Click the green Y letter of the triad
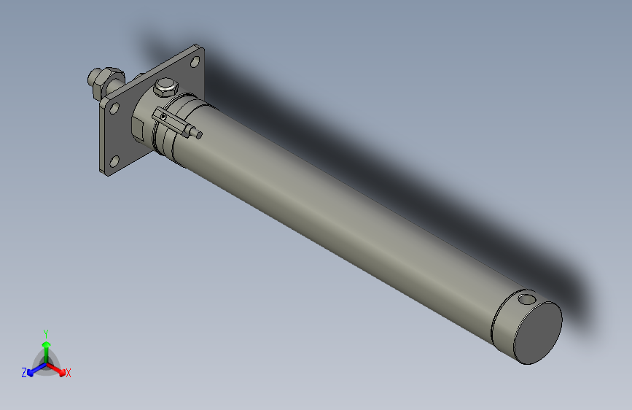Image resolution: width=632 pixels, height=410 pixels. pos(46,333)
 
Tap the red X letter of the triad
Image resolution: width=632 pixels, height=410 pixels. pos(69,374)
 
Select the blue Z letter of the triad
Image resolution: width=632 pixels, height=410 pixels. pos(24,373)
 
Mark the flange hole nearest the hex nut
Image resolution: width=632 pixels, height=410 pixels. pos(114,107)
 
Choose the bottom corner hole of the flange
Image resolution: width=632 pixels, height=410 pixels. pos(114,160)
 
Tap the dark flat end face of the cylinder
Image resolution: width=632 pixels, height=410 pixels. pos(538,333)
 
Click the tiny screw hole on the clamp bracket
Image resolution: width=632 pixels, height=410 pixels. pos(164,116)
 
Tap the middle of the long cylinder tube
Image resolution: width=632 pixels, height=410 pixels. pos(343,212)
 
